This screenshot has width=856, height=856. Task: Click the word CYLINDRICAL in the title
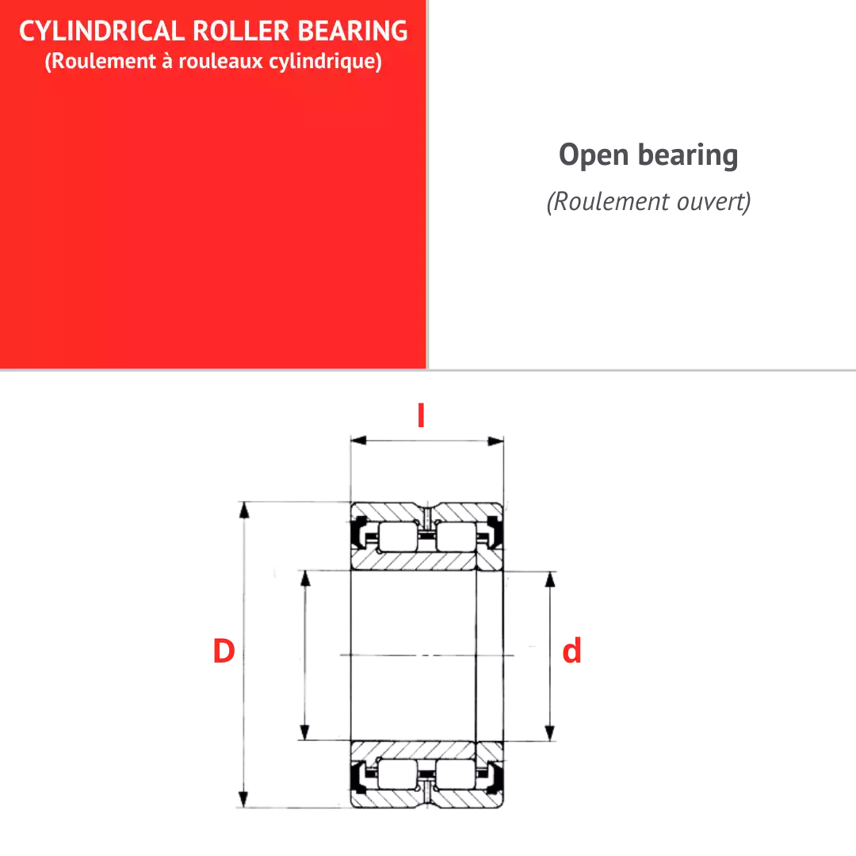click(102, 31)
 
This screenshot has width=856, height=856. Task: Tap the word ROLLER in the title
click(241, 31)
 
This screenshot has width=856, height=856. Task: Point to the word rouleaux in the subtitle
click(221, 60)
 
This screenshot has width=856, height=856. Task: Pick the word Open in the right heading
click(594, 155)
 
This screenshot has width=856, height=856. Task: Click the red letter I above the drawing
click(421, 415)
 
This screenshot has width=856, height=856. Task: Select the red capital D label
click(224, 651)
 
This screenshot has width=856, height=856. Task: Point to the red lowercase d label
click(571, 650)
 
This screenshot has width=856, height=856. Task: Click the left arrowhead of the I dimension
click(358, 441)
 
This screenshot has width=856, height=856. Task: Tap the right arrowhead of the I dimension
click(495, 441)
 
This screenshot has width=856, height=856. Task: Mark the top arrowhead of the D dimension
click(244, 510)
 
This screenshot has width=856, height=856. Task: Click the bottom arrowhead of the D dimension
click(244, 799)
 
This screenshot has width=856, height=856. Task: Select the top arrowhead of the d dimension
click(550, 579)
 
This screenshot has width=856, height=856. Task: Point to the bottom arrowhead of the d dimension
click(550, 732)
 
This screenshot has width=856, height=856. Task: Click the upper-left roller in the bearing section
click(399, 537)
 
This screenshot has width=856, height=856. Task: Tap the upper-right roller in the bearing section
click(457, 537)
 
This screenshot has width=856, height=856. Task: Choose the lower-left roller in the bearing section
click(397, 774)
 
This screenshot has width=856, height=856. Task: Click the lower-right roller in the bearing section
click(456, 774)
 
